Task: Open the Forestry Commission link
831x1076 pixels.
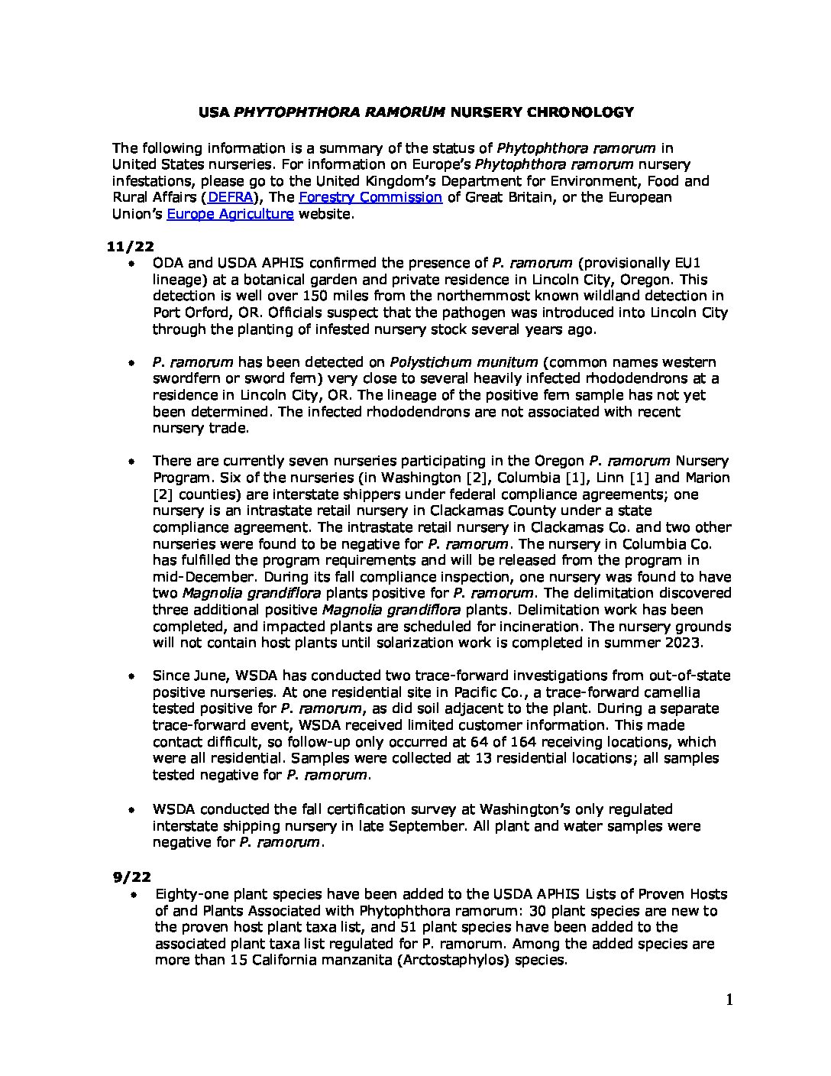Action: coord(370,198)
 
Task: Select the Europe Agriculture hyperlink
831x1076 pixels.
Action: coord(230,215)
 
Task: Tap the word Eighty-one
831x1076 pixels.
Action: coord(190,894)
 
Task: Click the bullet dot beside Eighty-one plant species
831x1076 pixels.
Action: coord(134,894)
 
